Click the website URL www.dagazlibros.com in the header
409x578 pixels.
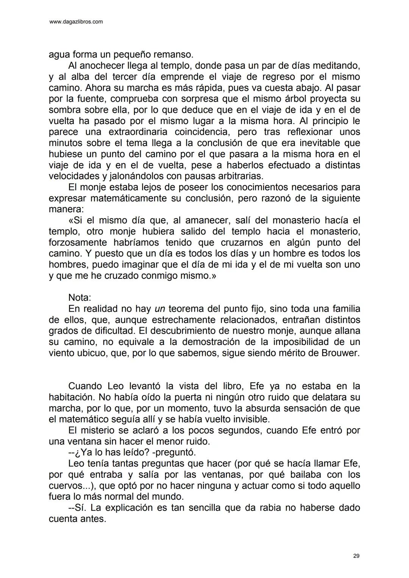point(76,22)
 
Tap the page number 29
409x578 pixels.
point(356,556)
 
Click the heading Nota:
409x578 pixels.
point(80,298)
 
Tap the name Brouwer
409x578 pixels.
point(340,353)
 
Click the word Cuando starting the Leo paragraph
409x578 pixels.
point(86,386)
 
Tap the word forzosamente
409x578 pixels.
point(78,242)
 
